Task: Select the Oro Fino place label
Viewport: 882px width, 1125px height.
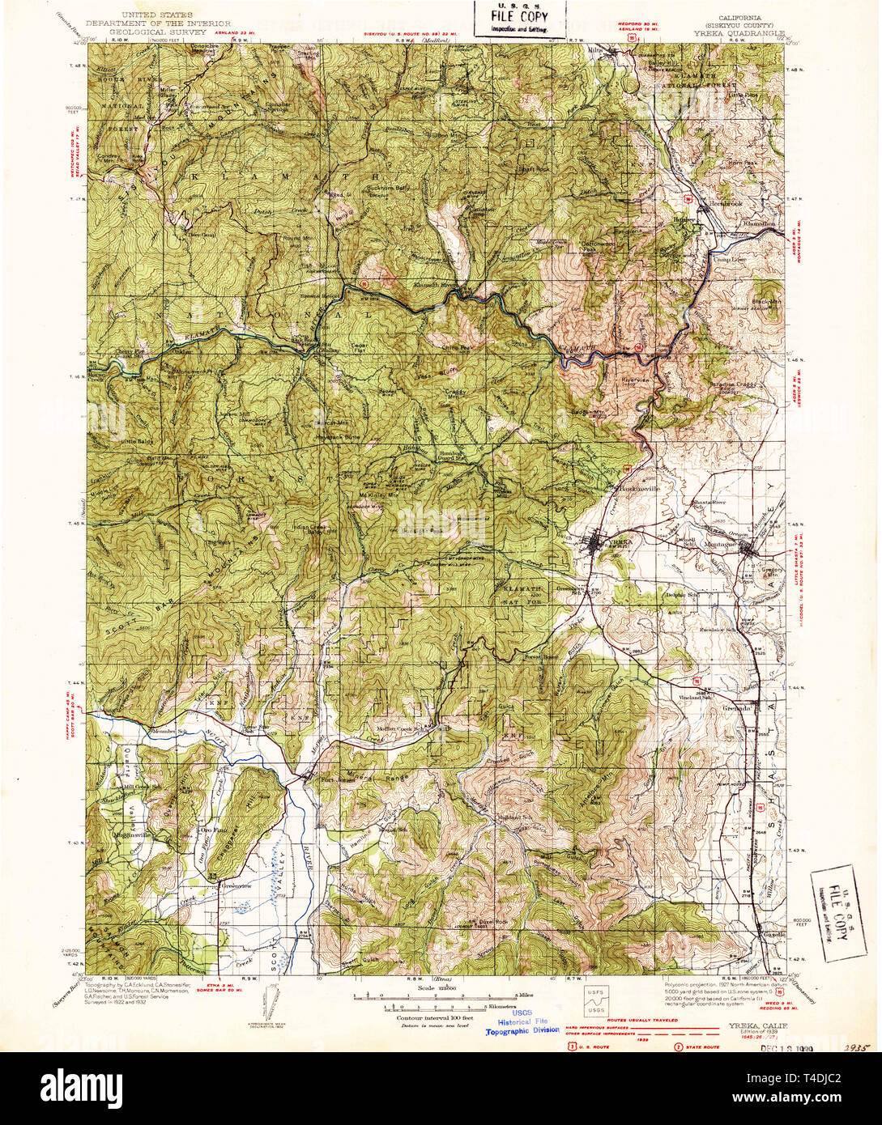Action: coord(212,829)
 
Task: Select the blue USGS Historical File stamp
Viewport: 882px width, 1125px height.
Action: coord(522,1024)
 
